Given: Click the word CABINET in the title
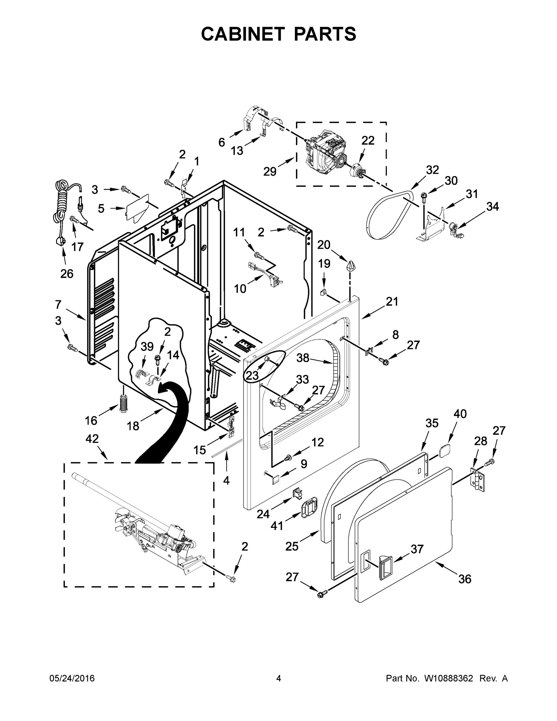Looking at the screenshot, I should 243,34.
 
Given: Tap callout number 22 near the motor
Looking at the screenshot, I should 368,141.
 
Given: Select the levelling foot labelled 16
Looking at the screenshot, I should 123,403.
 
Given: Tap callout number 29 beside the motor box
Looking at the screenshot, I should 270,171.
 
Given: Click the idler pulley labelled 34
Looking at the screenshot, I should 455,228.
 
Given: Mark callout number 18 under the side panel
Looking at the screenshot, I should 133,426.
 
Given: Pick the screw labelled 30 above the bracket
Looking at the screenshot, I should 423,196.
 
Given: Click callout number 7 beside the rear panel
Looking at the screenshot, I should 58,304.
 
